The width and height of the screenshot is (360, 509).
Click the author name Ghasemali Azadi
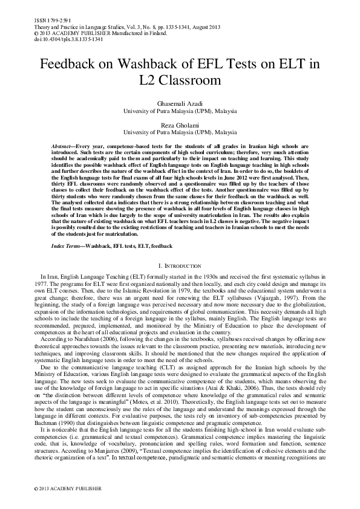180,104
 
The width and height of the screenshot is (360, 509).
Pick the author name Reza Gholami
180,124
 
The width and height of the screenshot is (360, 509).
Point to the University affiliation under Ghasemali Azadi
180,112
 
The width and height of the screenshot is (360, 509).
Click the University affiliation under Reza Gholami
180,131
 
